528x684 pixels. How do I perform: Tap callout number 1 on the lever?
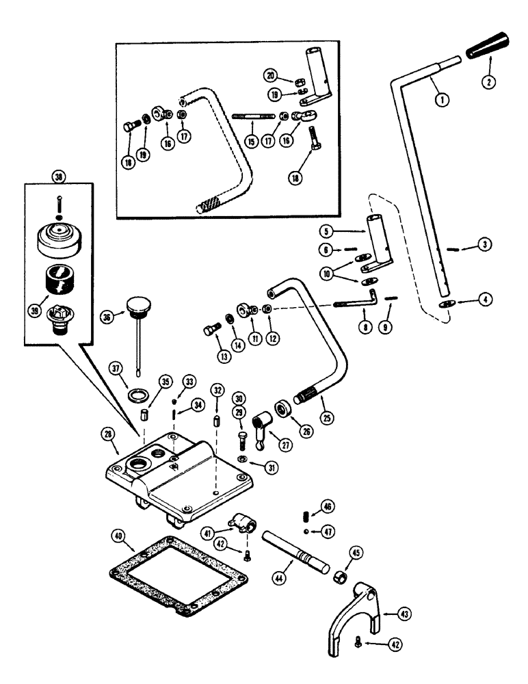(444, 100)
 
